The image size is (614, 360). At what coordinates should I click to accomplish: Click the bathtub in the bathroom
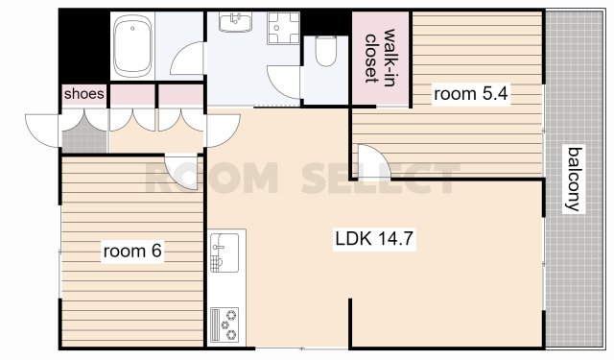point(132,46)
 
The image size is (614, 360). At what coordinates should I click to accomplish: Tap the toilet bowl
point(326,51)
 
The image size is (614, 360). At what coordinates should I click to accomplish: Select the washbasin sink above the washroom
point(235,21)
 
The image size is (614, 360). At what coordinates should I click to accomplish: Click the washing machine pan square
point(284,28)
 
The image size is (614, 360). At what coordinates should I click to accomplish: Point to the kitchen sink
point(224,252)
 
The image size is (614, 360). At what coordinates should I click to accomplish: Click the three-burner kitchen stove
point(224,324)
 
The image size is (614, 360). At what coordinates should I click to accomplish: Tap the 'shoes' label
point(84,94)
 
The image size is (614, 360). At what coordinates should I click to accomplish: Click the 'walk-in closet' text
point(380,56)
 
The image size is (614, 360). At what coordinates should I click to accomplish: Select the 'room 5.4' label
point(471,94)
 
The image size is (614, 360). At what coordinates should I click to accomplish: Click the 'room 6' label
point(132,251)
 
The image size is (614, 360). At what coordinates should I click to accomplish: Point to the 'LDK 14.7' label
point(374,238)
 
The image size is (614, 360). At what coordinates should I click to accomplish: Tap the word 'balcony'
point(574,180)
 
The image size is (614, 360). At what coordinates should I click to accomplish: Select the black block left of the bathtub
point(84,46)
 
